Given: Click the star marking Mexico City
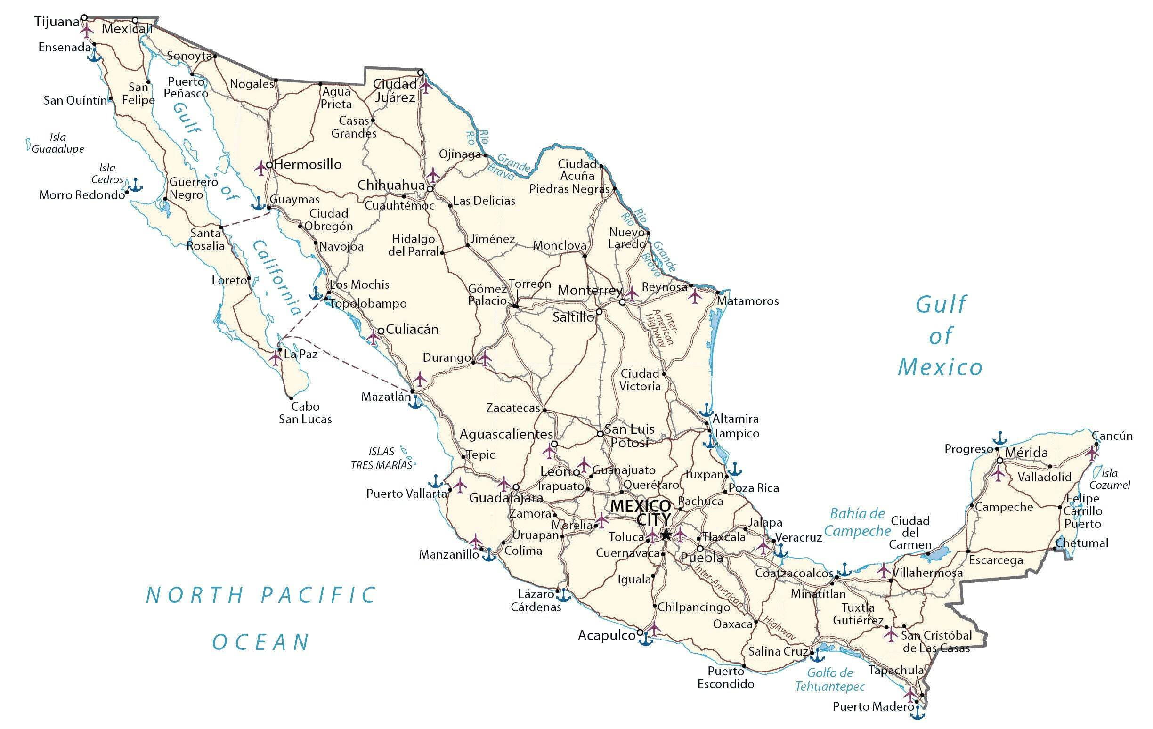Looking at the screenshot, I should pyautogui.click(x=666, y=534).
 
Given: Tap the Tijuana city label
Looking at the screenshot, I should pyautogui.click(x=57, y=22).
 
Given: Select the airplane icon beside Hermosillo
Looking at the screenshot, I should pyautogui.click(x=261, y=168).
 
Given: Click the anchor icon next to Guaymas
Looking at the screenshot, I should pyautogui.click(x=258, y=203).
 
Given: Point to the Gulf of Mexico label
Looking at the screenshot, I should pyautogui.click(x=940, y=336).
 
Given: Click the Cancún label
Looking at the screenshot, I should pyautogui.click(x=1112, y=436).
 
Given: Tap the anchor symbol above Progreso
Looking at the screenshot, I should pyautogui.click(x=999, y=437).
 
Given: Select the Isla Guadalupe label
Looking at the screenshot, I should pyautogui.click(x=58, y=143).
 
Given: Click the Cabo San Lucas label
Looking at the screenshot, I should pyautogui.click(x=305, y=413).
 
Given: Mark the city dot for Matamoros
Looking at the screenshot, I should pyautogui.click(x=717, y=292).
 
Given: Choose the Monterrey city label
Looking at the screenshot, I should pyautogui.click(x=590, y=291).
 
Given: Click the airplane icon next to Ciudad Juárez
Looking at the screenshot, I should pyautogui.click(x=426, y=87).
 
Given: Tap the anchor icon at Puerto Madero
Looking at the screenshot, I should pyautogui.click(x=917, y=712).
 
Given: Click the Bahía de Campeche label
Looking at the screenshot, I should pyautogui.click(x=857, y=522).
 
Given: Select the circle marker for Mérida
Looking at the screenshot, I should pyautogui.click(x=1000, y=461).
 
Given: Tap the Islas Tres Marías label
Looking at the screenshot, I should pyautogui.click(x=382, y=458).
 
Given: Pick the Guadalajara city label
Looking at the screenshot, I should pyautogui.click(x=506, y=498).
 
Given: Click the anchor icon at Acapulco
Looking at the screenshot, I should pyautogui.click(x=646, y=639).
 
